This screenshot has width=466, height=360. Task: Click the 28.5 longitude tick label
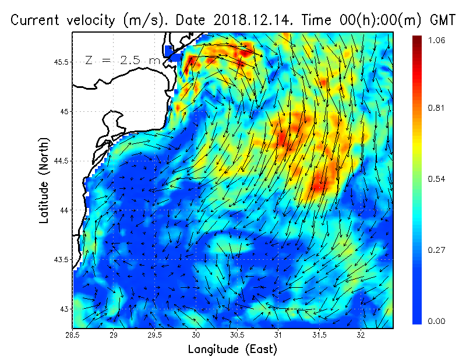pyautogui.click(x=73, y=336)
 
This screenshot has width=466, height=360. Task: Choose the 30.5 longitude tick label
pyautogui.click(x=237, y=336)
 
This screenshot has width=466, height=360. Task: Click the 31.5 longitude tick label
pyautogui.click(x=319, y=336)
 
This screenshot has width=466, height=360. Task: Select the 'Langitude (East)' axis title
pyautogui.click(x=232, y=350)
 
